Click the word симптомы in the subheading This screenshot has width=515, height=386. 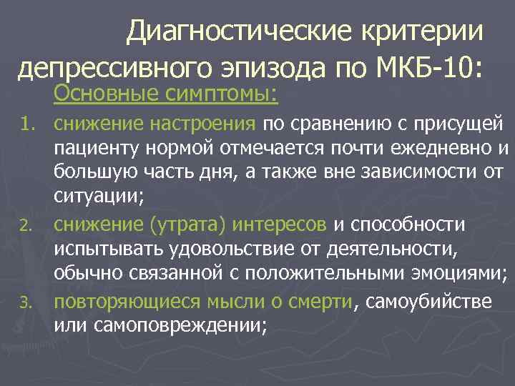coord(221,94)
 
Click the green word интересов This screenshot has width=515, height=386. coord(283,225)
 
